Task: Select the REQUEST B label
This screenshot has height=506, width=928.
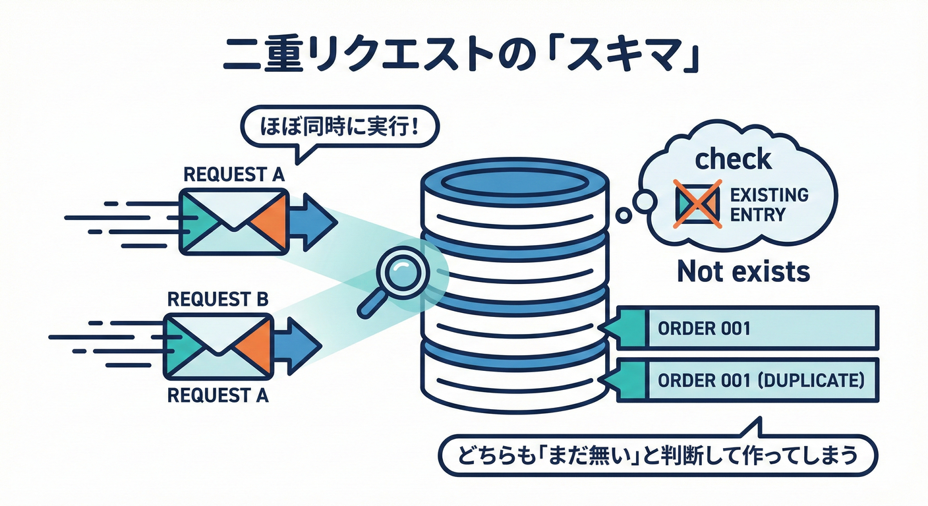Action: (217, 299)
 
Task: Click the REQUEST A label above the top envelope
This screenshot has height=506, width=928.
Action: (233, 175)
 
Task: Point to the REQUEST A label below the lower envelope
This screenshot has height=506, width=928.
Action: (217, 397)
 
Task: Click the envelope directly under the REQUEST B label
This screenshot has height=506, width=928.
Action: (217, 347)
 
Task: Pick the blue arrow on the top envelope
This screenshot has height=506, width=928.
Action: (313, 221)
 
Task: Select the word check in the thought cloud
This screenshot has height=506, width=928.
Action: (734, 159)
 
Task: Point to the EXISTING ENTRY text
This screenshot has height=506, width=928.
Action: (769, 205)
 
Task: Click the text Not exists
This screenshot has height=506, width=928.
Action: (743, 271)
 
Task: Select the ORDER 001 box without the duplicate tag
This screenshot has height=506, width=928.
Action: (747, 328)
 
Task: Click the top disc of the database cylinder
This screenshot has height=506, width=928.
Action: (513, 180)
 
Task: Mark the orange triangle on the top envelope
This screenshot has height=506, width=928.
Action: (270, 221)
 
